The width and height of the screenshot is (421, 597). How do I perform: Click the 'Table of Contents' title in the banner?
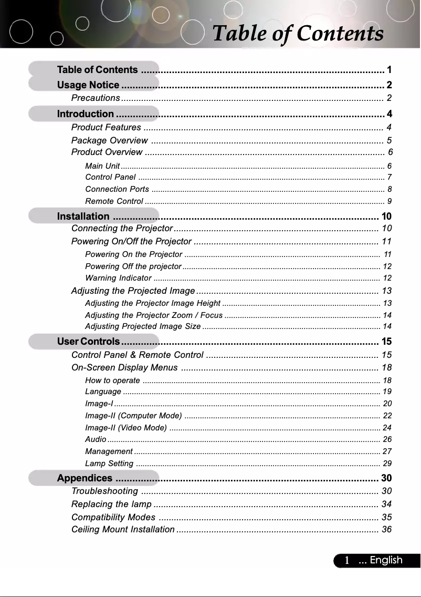tap(298, 33)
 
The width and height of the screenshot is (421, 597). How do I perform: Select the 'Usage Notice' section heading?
tap(88, 85)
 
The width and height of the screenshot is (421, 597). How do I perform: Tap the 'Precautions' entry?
tap(96, 98)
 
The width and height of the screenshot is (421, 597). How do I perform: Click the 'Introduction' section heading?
tap(85, 114)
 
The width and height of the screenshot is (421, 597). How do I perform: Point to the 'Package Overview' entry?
tap(109, 140)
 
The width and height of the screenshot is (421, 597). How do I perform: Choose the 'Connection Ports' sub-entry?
tap(117, 189)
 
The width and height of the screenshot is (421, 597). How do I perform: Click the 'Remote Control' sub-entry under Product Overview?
tap(114, 201)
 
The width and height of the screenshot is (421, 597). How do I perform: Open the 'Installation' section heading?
tap(83, 217)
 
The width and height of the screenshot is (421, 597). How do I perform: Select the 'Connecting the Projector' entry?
tap(122, 229)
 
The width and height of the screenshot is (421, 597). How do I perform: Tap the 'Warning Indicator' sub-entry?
tap(118, 278)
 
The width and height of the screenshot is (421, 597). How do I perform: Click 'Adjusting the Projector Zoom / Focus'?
tap(154, 315)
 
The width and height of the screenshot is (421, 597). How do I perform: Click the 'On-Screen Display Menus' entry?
tap(124, 367)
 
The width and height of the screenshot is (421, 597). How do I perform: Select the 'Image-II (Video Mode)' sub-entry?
tap(126, 428)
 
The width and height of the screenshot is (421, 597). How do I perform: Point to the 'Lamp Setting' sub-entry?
tap(109, 464)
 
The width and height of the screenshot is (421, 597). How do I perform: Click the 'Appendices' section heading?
tap(85, 478)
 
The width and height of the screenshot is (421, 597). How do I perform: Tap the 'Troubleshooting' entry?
tap(104, 491)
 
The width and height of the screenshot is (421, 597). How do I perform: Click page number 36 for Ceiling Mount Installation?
tap(386, 529)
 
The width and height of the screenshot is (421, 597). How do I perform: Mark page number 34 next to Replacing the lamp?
tap(386, 505)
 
